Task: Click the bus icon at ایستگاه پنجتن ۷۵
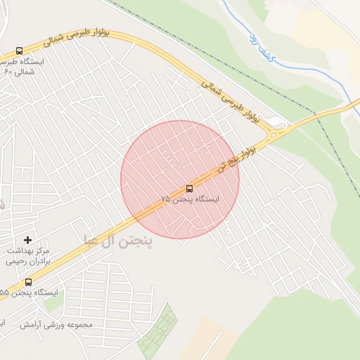pos(188,188)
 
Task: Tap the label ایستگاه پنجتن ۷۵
pos(190,200)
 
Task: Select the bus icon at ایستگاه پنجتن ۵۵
pos(28,282)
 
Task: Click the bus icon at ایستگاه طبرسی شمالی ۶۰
pos(19,51)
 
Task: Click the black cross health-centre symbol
pos(28,240)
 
